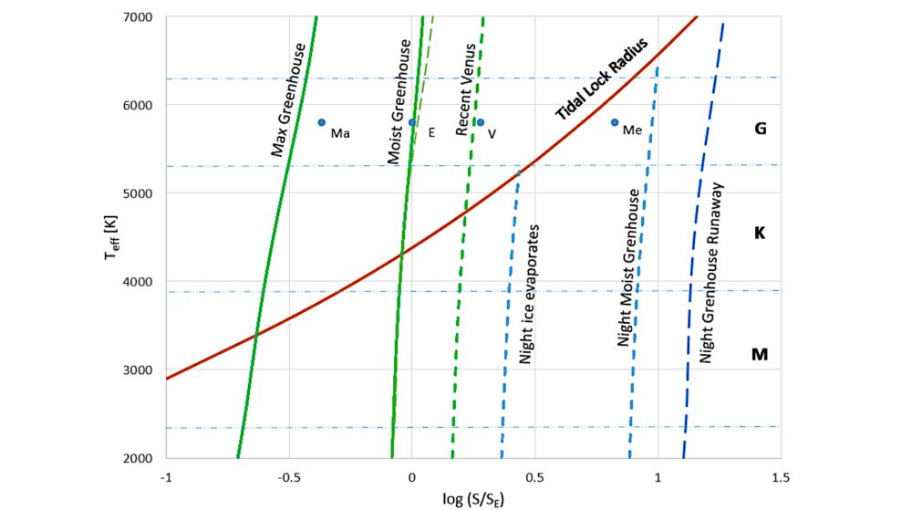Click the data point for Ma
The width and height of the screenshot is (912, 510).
tap(322, 121)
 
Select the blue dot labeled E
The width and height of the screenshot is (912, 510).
tap(412, 122)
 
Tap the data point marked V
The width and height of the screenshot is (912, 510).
tap(481, 122)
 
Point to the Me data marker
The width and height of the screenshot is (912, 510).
tap(615, 122)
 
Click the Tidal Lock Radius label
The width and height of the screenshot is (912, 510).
tap(601, 79)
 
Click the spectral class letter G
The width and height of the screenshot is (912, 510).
tap(759, 129)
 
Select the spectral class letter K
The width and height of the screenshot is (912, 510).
tap(759, 233)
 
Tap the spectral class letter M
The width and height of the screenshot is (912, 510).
tap(759, 353)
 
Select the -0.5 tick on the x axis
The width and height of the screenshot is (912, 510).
tap(289, 477)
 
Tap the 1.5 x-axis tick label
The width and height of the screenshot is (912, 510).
tap(780, 477)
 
